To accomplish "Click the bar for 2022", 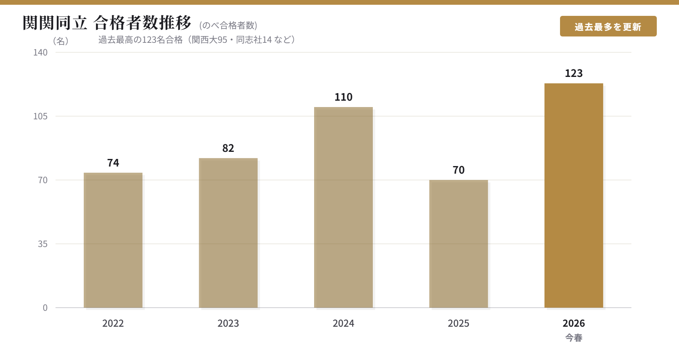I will (x=113, y=240).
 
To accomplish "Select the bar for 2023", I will (x=228, y=233).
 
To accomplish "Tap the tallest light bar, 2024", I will (x=343, y=207).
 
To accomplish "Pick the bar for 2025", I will (x=458, y=244).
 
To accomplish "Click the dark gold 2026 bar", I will (x=574, y=195).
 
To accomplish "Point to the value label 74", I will (x=113, y=163).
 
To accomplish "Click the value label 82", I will (x=228, y=148).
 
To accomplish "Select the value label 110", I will (x=343, y=97).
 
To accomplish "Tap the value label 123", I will (x=574, y=73).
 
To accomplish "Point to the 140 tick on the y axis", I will (x=40, y=52).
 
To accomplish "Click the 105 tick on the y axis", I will (x=40, y=116).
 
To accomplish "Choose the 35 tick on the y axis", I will (x=43, y=244).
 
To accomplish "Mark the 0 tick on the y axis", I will (x=45, y=308).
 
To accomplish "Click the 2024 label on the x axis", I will (x=343, y=324).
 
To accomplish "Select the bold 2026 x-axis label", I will (x=574, y=324).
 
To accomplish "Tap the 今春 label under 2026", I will (x=574, y=338).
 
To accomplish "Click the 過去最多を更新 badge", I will (x=608, y=27).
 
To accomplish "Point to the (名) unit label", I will (x=61, y=41).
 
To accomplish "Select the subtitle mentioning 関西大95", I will (x=197, y=40).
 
